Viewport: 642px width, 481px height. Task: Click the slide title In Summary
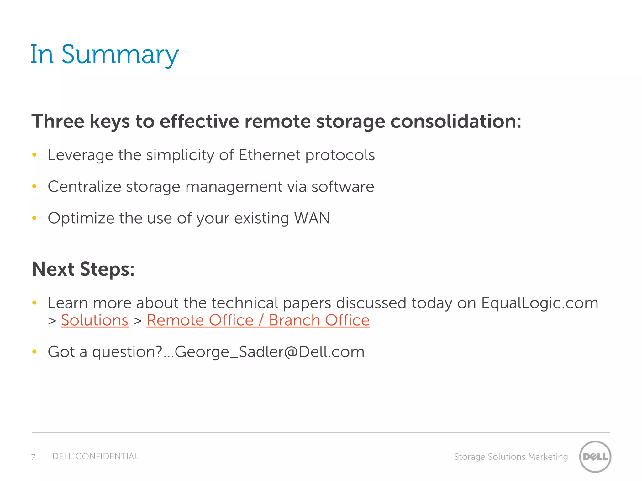tap(104, 54)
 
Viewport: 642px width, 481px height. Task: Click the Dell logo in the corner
tap(595, 456)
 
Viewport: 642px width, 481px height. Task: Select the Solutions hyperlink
tap(95, 320)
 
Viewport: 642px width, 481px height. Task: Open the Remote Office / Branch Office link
tap(258, 320)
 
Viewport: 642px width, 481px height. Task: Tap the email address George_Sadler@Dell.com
tap(269, 352)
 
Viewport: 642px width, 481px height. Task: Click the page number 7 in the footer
tap(33, 457)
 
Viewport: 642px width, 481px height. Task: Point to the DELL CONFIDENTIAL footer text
tap(95, 456)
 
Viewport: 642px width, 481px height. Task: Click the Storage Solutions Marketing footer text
tap(511, 457)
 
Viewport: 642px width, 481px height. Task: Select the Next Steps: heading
tap(83, 269)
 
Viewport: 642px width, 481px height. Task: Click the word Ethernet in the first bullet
tap(269, 155)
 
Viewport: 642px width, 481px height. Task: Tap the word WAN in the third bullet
tap(312, 218)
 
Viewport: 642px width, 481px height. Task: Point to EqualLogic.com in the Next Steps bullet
tap(539, 303)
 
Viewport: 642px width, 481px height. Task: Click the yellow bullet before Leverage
tap(34, 155)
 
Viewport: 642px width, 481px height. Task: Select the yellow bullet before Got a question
tap(34, 352)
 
